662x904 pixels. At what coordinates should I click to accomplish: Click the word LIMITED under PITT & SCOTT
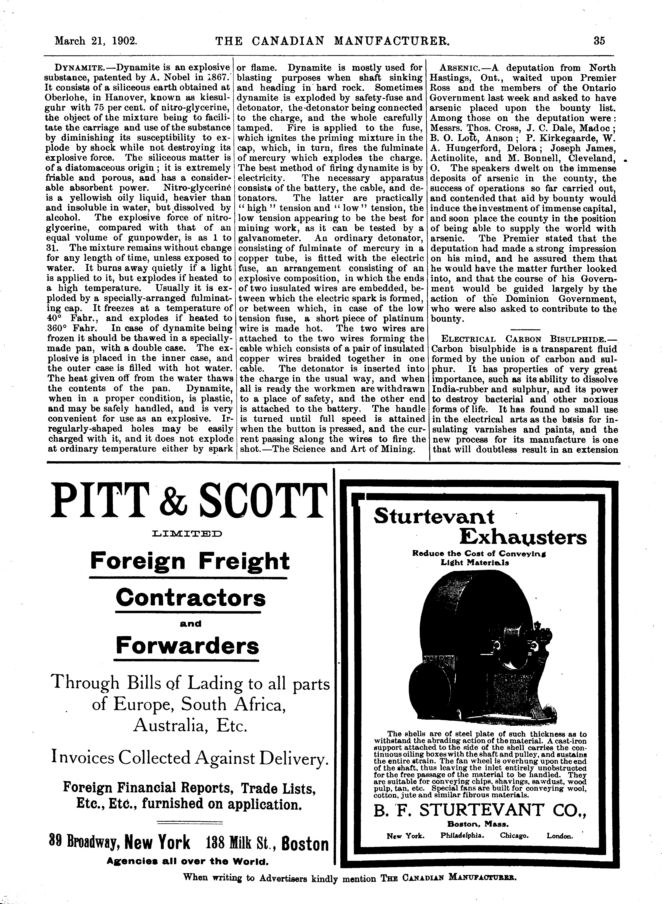pyautogui.click(x=188, y=534)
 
